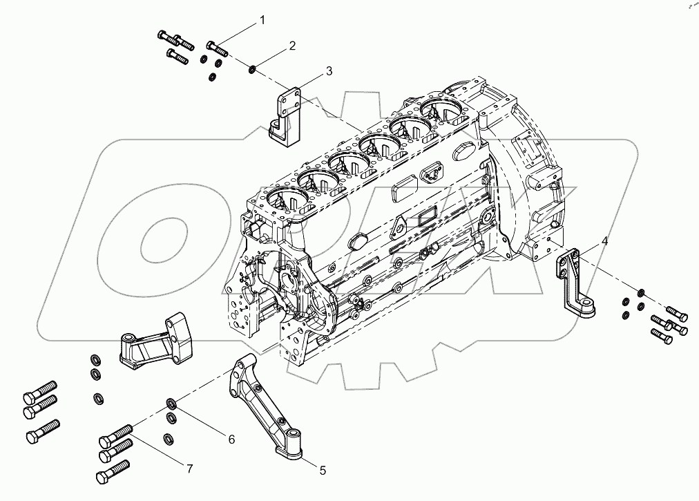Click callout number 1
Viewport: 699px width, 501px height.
[x=262, y=21]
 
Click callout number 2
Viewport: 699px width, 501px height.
[x=291, y=46]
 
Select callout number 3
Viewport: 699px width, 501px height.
[x=329, y=71]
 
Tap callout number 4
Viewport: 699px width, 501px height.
[x=604, y=241]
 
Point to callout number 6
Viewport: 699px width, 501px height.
[x=231, y=439]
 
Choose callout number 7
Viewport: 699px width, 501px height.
[x=188, y=468]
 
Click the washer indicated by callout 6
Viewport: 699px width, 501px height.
[x=171, y=404]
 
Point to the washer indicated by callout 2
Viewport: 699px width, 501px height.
[x=253, y=68]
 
